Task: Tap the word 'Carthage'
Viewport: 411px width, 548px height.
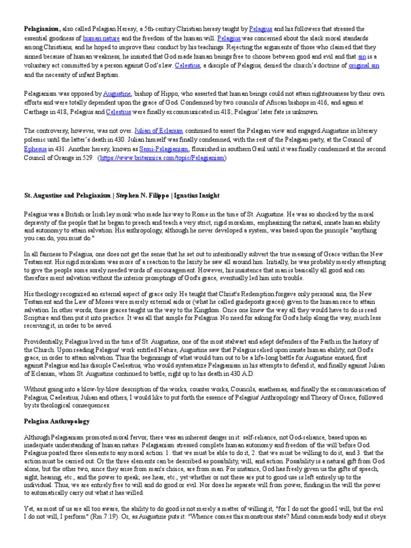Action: click(38, 112)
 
